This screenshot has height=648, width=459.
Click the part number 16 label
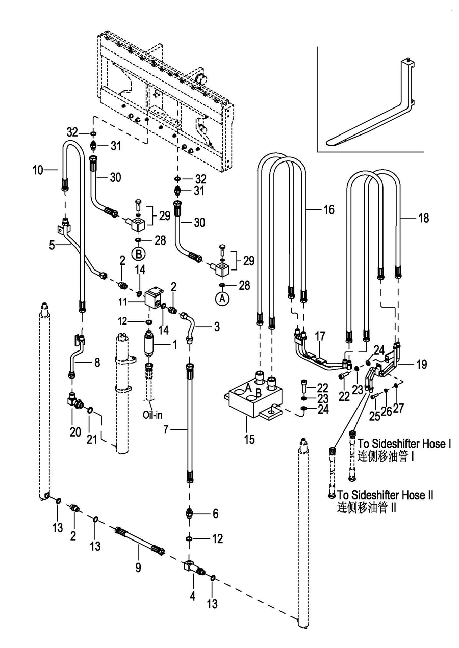point(329,209)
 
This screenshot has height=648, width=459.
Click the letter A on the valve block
point(249,388)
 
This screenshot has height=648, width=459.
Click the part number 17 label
point(320,336)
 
